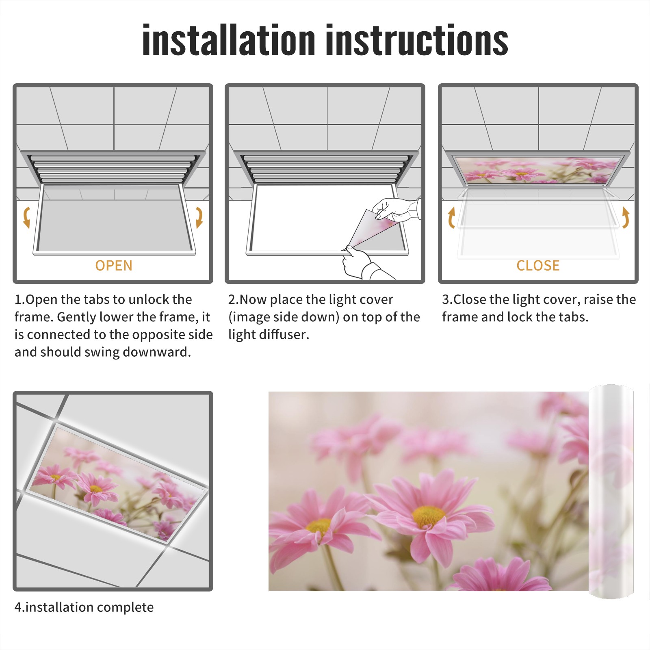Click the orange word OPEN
[x=114, y=266]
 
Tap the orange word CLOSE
[x=538, y=266]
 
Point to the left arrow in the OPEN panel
[x=26, y=217]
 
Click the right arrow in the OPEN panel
[x=199, y=217]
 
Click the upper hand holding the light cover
[x=396, y=209]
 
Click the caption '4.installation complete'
[x=84, y=607]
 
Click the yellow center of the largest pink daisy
[x=428, y=516]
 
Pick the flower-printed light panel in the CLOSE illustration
[x=538, y=170]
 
